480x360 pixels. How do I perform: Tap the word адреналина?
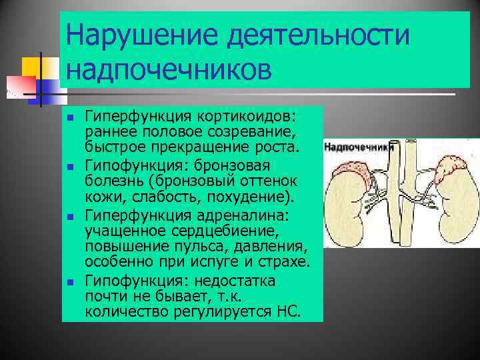[255, 217]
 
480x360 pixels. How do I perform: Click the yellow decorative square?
[32, 66]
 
